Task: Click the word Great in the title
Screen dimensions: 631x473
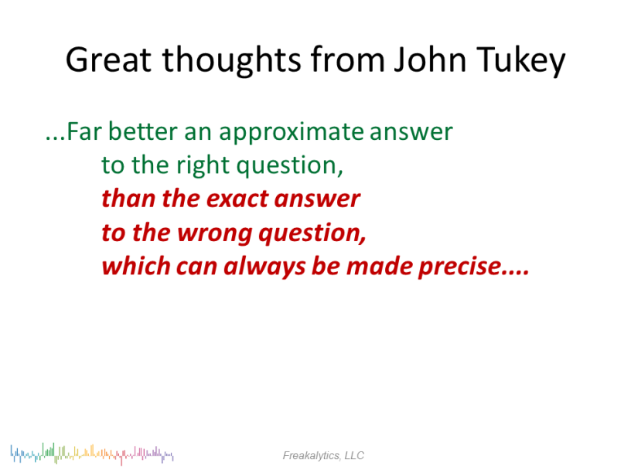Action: [x=109, y=60]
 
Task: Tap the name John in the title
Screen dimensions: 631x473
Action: [x=430, y=59]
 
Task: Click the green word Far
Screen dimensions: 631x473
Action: [x=84, y=131]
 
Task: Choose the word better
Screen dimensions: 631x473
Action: [x=143, y=131]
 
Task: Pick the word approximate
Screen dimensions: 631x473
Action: [x=291, y=133]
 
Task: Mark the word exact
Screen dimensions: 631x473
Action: [x=237, y=199]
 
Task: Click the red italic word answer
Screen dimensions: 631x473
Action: [x=318, y=200]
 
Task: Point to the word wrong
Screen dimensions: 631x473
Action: [x=215, y=234]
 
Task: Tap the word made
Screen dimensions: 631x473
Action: [x=379, y=267]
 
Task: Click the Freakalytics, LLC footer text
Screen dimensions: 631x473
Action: [x=323, y=455]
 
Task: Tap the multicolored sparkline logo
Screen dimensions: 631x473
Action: [x=92, y=454]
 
